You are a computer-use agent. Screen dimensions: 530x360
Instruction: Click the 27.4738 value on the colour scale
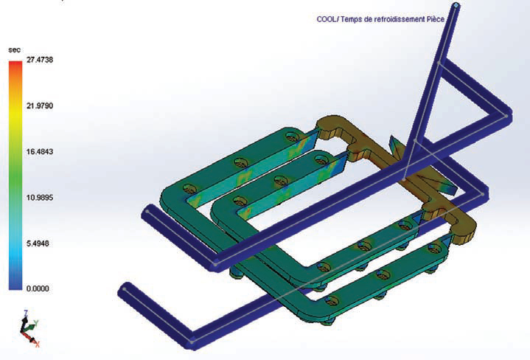coord(40,60)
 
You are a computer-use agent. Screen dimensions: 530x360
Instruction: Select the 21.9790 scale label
coord(40,106)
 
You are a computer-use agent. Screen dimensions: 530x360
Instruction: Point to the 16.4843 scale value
coord(40,151)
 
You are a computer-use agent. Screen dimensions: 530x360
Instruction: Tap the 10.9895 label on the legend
coord(40,197)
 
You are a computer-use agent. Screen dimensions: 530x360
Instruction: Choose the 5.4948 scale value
coord(38,243)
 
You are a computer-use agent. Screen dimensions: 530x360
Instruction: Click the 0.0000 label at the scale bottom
coord(38,288)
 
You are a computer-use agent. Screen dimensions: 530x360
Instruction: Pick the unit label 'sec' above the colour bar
coord(14,50)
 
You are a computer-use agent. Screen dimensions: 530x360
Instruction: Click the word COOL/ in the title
coord(327,19)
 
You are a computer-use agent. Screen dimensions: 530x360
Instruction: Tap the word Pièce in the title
coord(435,19)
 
